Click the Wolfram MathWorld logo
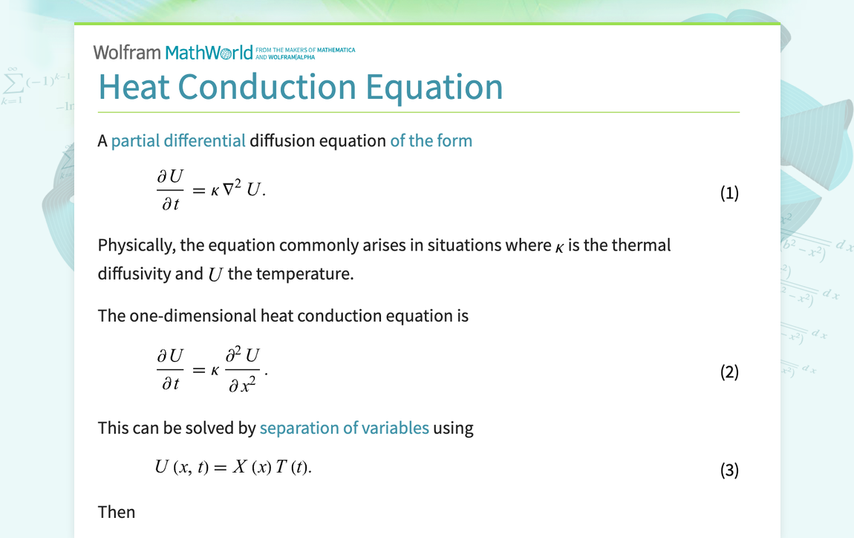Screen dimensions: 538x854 coord(173,52)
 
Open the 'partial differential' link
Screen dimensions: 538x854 coord(178,140)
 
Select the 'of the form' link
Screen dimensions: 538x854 coord(431,140)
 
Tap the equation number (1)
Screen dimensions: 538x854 coord(729,194)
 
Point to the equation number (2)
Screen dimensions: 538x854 coord(729,372)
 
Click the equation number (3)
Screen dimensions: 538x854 coord(729,470)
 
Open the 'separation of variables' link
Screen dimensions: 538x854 coord(344,428)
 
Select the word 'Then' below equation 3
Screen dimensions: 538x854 coord(117,512)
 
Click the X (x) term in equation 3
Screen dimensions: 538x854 coord(249,467)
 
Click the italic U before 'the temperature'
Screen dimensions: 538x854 coord(215,274)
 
